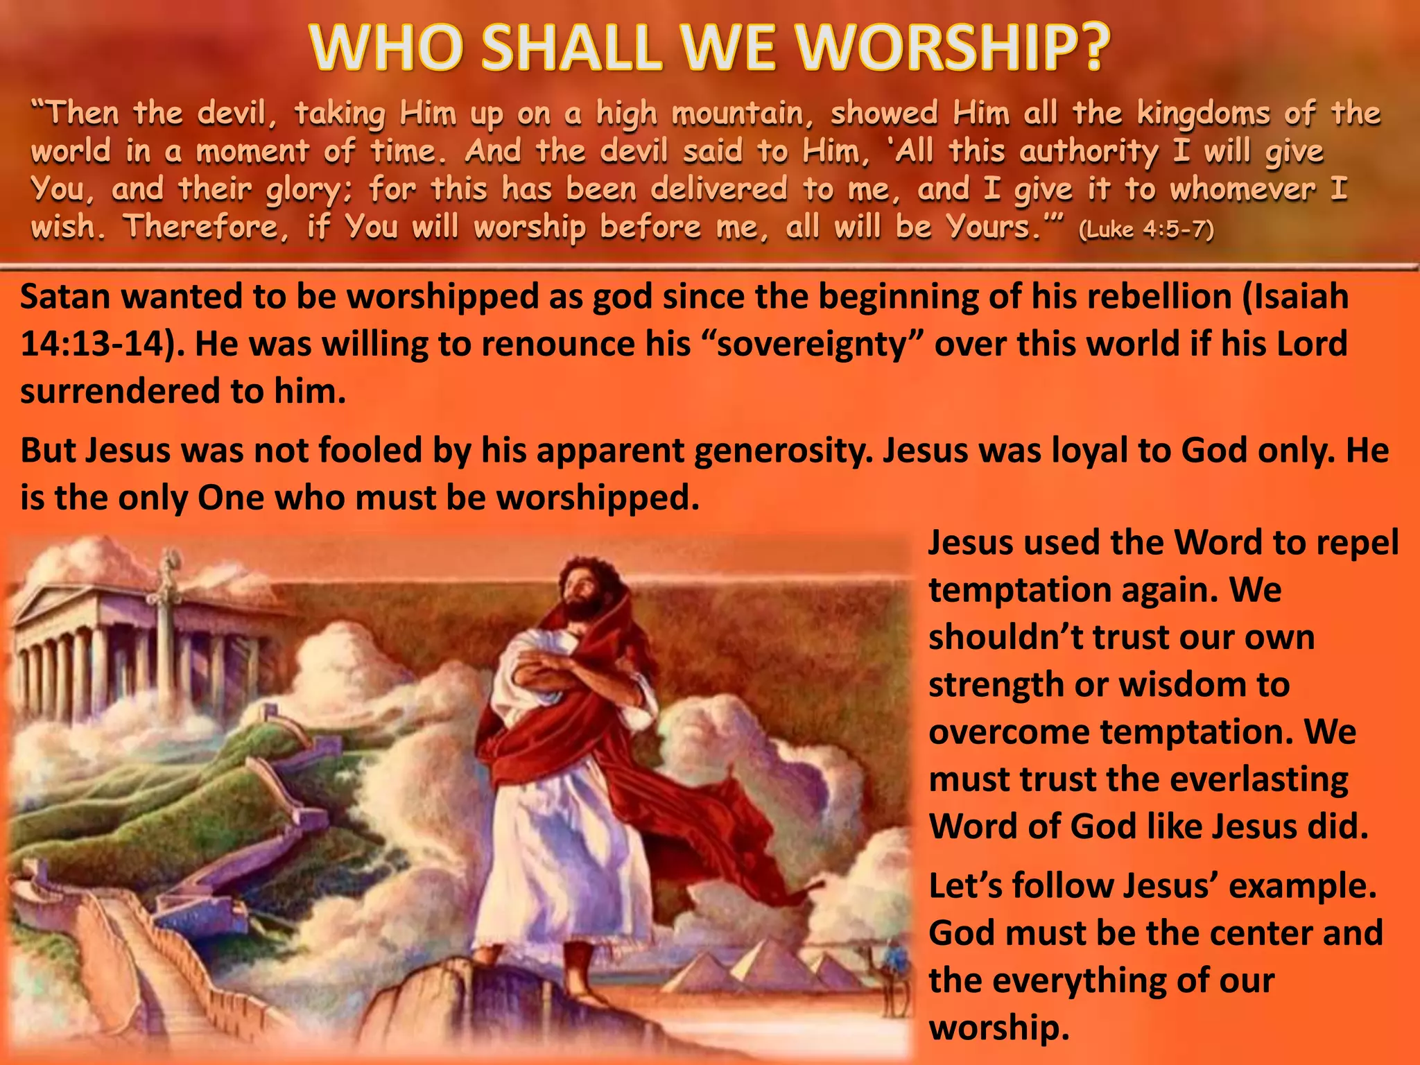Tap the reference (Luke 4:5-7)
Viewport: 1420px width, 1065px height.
click(1146, 230)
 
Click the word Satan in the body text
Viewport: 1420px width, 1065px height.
click(65, 297)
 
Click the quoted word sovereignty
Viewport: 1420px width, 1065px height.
click(811, 344)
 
